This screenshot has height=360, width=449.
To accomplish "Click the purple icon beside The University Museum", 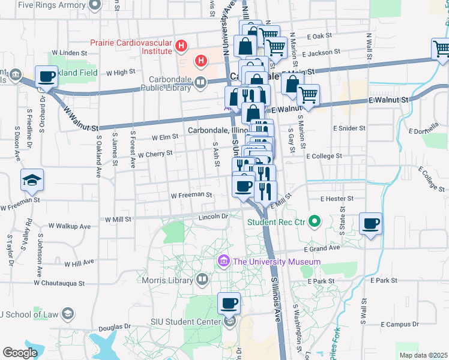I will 224,261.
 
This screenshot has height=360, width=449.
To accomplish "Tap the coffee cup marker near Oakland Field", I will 46,77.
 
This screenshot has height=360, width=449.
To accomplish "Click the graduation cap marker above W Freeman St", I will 32,180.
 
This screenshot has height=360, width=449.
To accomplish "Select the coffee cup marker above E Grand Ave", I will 370,224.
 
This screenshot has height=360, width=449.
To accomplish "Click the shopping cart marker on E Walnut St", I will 308,95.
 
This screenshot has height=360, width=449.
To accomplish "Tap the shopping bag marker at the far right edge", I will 441,50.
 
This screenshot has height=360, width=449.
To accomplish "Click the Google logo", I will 20,353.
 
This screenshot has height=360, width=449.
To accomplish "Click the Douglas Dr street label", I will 114,328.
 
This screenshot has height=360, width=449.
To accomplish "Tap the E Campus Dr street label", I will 394,325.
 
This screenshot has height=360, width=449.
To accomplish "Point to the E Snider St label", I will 349,128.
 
